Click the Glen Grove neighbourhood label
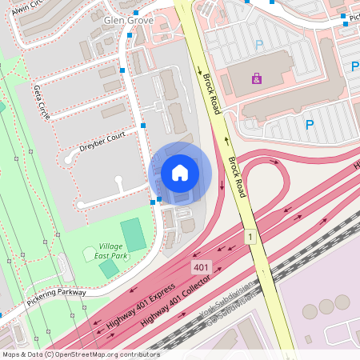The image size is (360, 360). tap(129, 20)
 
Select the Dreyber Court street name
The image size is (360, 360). tap(103, 142)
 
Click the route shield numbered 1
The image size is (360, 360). tap(250, 237)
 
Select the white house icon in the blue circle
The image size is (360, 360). tap(180, 173)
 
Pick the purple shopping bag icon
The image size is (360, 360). tap(256, 79)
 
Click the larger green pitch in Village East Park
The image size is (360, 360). tap(134, 233)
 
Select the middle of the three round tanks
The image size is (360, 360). tap(326, 306)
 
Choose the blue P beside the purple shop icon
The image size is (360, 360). tap(258, 46)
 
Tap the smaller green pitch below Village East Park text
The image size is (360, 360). tap(108, 269)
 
